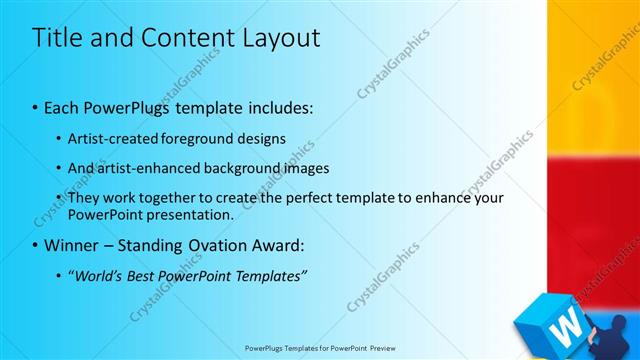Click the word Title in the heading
[58, 38]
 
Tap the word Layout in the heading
[279, 38]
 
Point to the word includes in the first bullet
[279, 105]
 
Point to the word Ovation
[209, 245]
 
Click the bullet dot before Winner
[35, 245]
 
